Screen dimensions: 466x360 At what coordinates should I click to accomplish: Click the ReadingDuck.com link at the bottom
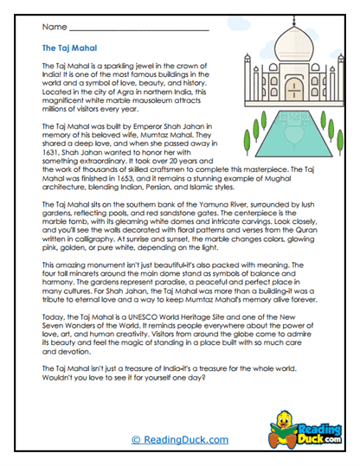coord(180,440)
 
